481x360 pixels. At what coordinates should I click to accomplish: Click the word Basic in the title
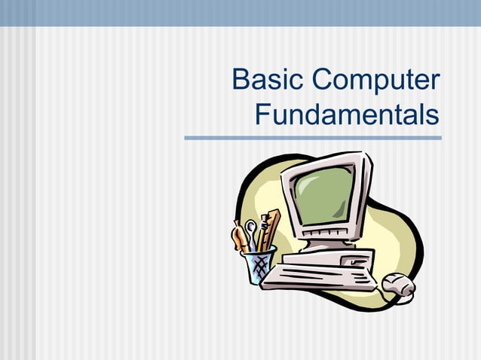click(267, 82)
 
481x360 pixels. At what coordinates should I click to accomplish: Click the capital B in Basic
click(242, 82)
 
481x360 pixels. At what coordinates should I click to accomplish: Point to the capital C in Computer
click(322, 82)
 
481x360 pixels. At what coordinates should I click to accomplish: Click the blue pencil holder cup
click(259, 266)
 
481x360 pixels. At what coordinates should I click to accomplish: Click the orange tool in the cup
click(238, 236)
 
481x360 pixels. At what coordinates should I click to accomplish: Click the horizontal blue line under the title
click(313, 138)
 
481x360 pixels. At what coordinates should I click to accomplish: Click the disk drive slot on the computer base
click(354, 261)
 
